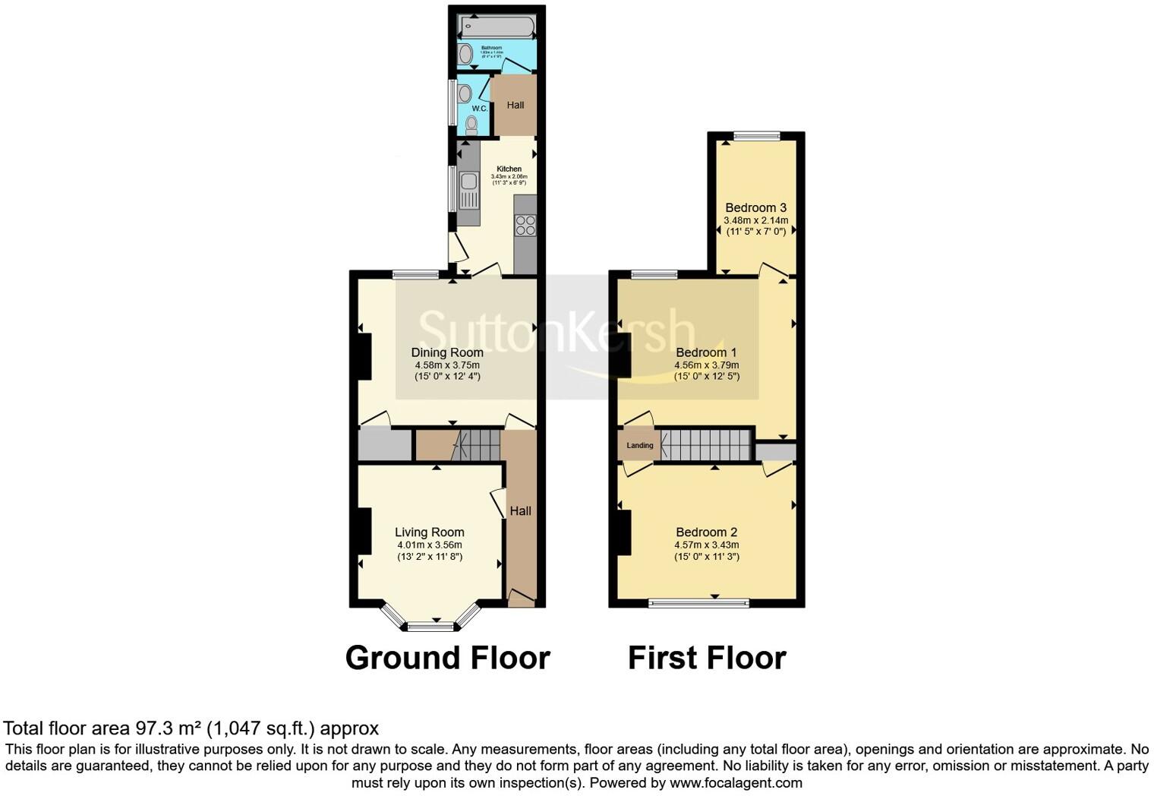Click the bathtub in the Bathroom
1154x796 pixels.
[498, 26]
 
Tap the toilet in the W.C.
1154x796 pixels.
[471, 125]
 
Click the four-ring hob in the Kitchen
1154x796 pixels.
[525, 226]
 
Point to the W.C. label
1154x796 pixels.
[479, 109]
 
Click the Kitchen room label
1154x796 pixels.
[509, 169]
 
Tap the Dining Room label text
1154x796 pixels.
[447, 352]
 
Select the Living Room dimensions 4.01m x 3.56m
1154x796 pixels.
[429, 545]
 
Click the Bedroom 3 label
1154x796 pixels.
[755, 207]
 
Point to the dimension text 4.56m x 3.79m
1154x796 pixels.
[706, 365]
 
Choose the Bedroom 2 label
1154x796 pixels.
[706, 532]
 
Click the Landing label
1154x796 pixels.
[639, 445]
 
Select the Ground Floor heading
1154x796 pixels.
[447, 658]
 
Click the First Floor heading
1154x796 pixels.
[706, 658]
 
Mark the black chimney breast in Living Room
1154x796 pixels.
[364, 531]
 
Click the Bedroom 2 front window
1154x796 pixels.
[698, 603]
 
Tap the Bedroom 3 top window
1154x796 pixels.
[756, 137]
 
